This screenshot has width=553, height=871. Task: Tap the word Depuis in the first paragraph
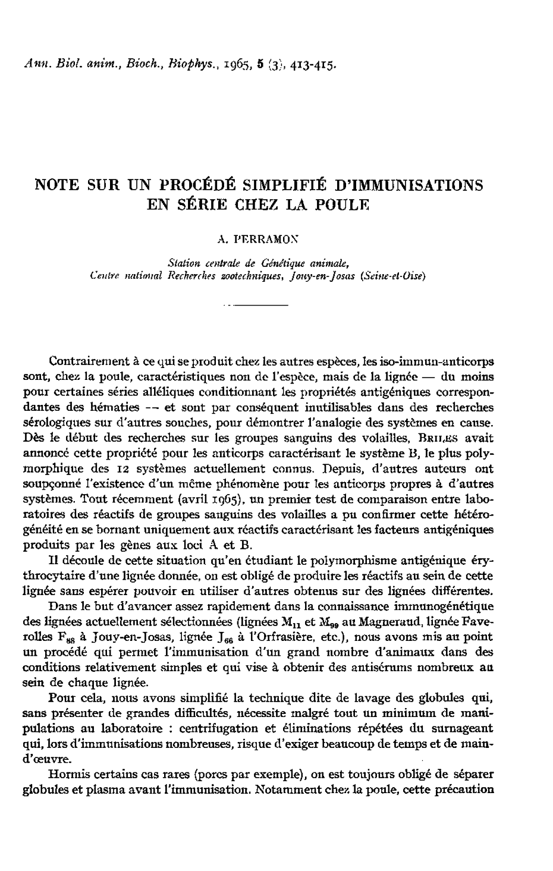click(x=345, y=468)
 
